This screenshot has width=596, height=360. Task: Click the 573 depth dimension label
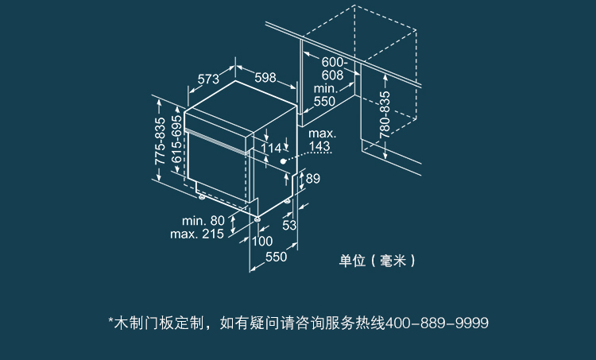click(208, 79)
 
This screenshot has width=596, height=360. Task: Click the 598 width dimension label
click(265, 78)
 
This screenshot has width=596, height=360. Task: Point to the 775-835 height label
click(160, 141)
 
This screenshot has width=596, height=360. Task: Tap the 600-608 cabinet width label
click(333, 68)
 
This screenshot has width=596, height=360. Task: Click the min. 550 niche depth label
click(324, 95)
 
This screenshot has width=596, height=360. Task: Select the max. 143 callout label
click(320, 140)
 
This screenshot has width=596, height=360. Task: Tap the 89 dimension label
click(312, 179)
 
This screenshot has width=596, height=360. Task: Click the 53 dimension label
click(289, 226)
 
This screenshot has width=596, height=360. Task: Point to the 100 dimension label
click(262, 241)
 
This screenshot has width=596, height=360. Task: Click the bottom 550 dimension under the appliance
click(276, 257)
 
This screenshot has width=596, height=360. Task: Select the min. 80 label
click(203, 220)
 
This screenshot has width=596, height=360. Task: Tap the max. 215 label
click(197, 234)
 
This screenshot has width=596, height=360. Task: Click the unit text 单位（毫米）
click(377, 261)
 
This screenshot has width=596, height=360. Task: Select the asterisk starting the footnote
click(110, 320)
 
